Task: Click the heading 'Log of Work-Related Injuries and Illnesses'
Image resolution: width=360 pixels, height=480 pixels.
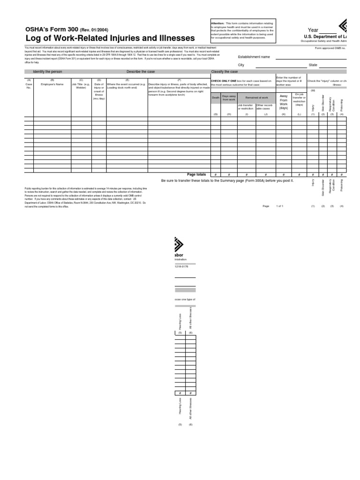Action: pyautogui.click(x=110, y=37)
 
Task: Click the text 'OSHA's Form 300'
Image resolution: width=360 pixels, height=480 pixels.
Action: pyautogui.click(x=52, y=29)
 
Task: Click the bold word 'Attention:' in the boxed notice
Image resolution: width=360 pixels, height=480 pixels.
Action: pyautogui.click(x=217, y=23)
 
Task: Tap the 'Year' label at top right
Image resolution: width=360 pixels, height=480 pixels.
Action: pyautogui.click(x=313, y=30)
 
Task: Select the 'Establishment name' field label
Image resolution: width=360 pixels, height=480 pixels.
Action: pyautogui.click(x=254, y=57)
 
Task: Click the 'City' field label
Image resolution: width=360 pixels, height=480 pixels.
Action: pyautogui.click(x=241, y=65)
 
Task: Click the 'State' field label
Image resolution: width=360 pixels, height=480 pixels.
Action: pyautogui.click(x=313, y=65)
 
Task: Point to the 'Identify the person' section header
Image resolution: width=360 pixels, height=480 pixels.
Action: pyautogui.click(x=47, y=71)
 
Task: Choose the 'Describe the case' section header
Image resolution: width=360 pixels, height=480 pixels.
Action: pyautogui.click(x=140, y=71)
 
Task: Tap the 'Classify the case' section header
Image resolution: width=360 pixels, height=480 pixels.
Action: pyautogui.click(x=225, y=71)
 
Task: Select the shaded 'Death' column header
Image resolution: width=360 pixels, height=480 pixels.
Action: pyautogui.click(x=216, y=98)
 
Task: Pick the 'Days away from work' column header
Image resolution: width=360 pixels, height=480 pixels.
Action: pyautogui.click(x=229, y=98)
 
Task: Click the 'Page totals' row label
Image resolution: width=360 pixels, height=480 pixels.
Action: pyautogui.click(x=196, y=174)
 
